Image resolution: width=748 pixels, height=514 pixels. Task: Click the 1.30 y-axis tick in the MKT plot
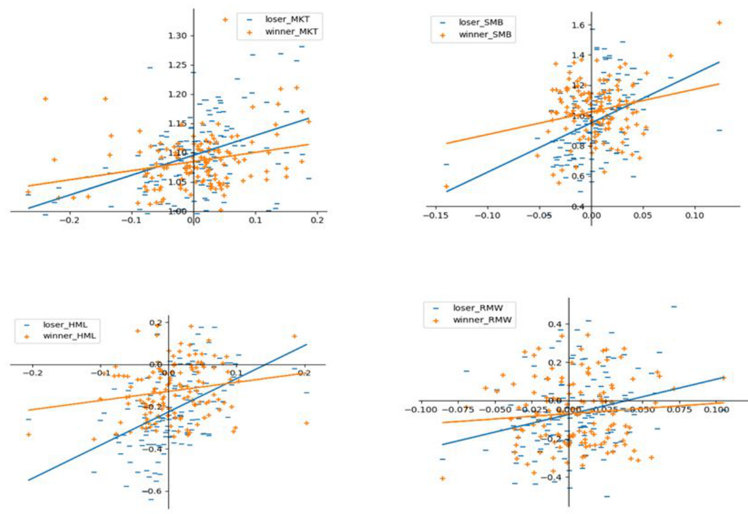[178, 36]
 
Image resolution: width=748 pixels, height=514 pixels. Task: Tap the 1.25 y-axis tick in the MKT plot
[178, 65]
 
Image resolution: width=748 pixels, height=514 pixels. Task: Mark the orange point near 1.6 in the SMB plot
[719, 23]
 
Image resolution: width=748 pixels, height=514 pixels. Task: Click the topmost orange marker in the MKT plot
[225, 20]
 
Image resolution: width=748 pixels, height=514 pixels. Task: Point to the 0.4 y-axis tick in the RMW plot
[555, 324]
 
